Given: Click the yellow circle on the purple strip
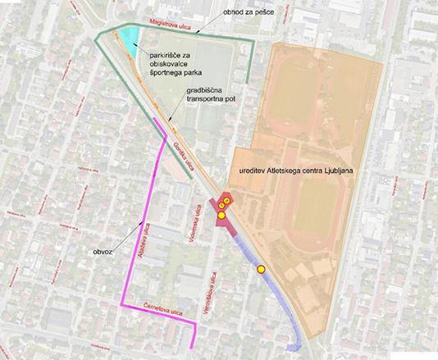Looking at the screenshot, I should [261, 268].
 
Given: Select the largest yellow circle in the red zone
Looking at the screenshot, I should [221, 215].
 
